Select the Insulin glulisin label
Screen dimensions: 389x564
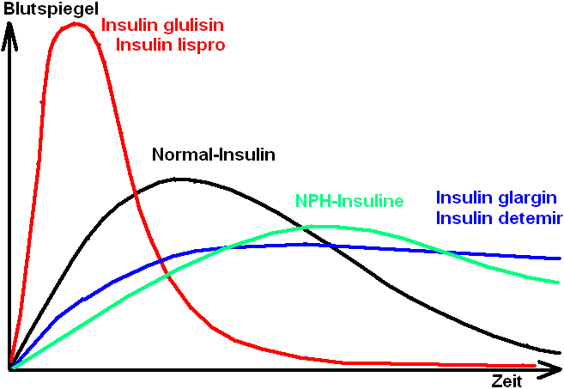coord(163,25)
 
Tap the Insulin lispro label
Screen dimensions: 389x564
coord(171,45)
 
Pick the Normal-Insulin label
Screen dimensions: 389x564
coord(214,155)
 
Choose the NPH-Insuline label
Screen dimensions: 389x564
coord(349,201)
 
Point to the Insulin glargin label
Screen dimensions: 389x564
coord(497,198)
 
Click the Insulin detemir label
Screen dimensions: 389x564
coord(499,218)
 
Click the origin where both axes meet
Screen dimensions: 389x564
coord(9,369)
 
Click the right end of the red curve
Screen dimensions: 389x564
coord(536,365)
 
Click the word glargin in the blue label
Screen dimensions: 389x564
coord(527,198)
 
